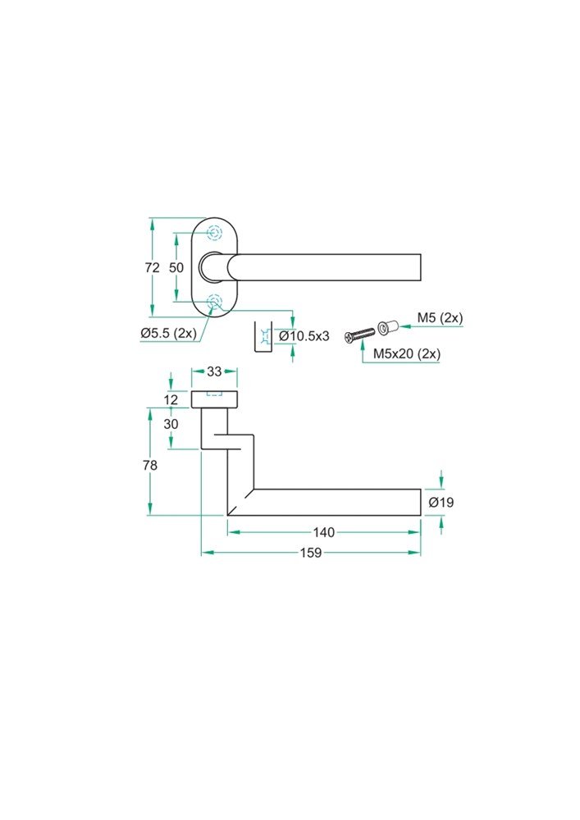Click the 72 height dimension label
coord(153,268)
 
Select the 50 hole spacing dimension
coord(176,268)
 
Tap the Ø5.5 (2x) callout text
coord(169,333)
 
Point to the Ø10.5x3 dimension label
coord(304,335)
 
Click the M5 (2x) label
coord(440,318)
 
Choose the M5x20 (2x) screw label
coord(407,353)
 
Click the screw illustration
coord(360,335)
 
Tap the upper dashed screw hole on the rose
coord(214,233)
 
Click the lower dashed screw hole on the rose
coord(214,302)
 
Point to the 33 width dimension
coord(214,371)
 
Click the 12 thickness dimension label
coord(171,400)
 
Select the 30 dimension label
coord(171,424)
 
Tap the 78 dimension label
coord(150,465)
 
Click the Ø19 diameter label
coord(441,503)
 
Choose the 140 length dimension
coord(324,532)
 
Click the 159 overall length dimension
coord(311,553)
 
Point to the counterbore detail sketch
coord(263,337)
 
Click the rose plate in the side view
coord(214,399)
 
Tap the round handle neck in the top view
coord(213,267)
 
